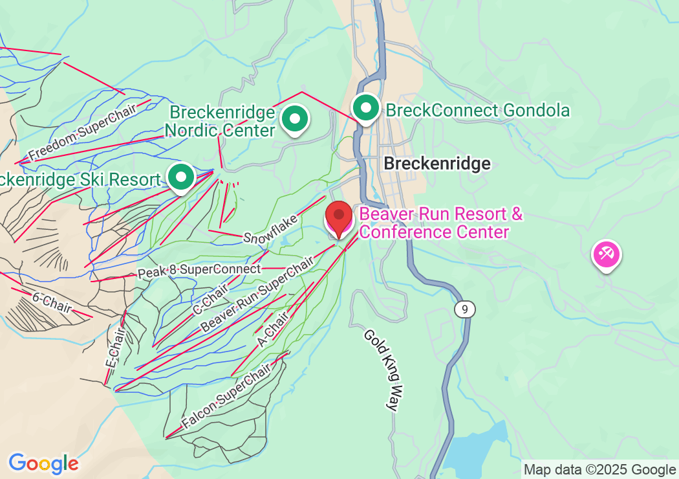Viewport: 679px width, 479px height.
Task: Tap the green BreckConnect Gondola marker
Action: pos(366,107)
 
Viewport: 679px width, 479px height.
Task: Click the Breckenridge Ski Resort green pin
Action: pos(181,176)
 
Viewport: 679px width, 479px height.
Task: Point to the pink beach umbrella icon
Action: pos(607,254)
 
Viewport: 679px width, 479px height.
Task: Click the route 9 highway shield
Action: pos(464,309)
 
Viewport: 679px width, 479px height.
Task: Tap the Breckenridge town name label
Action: pos(436,164)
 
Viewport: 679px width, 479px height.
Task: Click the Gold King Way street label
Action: pos(383,369)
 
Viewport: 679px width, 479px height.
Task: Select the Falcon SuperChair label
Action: pos(226,397)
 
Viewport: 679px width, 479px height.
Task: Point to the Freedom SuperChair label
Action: pos(83,132)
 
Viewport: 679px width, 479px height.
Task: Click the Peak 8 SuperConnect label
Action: pos(200,271)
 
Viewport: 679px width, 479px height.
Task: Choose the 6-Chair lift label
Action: pos(51,302)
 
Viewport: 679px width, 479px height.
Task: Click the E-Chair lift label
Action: pos(114,353)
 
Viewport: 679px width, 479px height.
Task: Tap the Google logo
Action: pos(43,463)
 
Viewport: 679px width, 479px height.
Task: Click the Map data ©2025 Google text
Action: pos(599,470)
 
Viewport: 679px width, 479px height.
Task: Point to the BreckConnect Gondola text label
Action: pos(478,111)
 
